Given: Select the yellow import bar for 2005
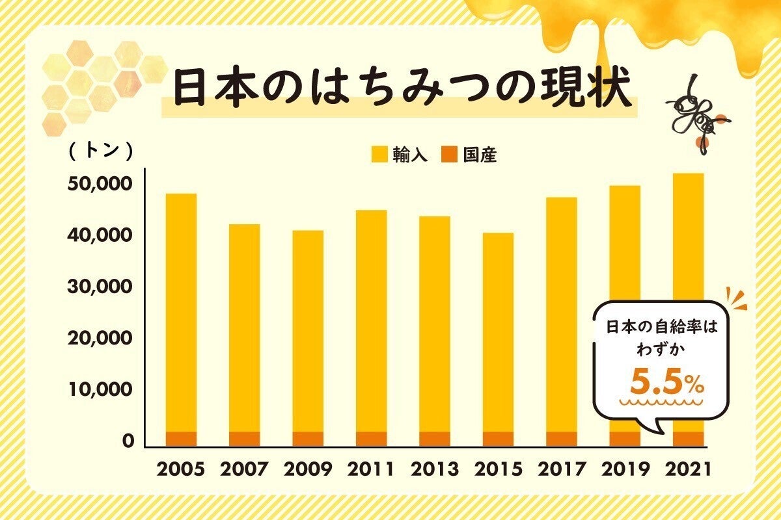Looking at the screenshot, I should point(181,312).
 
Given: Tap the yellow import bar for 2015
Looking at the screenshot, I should point(498,331).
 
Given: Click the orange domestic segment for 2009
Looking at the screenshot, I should point(308,439).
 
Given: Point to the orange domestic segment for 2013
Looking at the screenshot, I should point(435,439).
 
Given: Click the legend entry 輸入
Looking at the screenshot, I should point(400,155).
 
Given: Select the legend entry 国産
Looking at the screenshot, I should point(471,155).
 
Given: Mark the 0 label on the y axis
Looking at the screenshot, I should point(128,441).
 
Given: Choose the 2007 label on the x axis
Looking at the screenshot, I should point(244,469).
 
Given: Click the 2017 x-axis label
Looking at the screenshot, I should point(562,469).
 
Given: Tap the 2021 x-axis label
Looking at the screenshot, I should point(689,469).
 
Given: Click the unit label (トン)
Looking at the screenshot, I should point(101,151).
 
